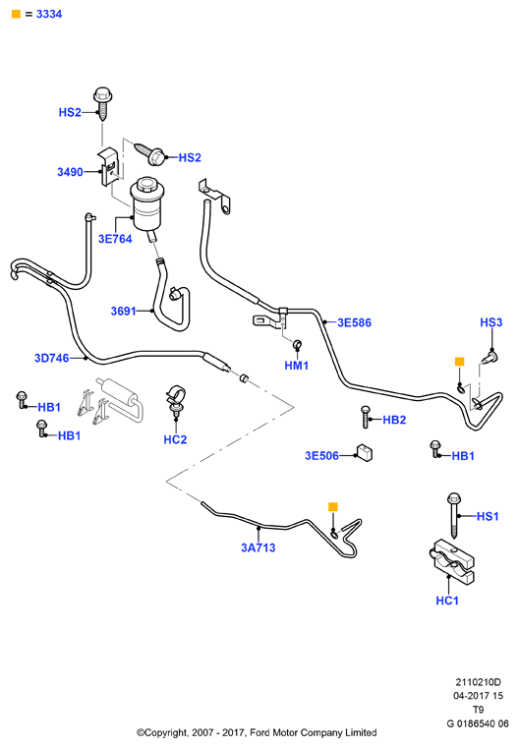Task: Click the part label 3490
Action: [x=70, y=172]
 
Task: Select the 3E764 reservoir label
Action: [x=115, y=239]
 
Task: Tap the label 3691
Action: [x=124, y=311]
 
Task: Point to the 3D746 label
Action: [x=51, y=358]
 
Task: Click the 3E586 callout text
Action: [x=355, y=322]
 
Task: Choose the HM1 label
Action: [x=297, y=366]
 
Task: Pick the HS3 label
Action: [x=491, y=322]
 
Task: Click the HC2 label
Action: [x=175, y=439]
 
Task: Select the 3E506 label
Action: [x=322, y=455]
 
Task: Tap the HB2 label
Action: [x=394, y=420]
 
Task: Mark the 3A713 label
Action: [x=259, y=547]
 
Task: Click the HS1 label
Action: [x=488, y=516]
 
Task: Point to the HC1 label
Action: [x=447, y=601]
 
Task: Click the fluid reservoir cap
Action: [x=145, y=186]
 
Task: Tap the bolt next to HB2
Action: [x=366, y=417]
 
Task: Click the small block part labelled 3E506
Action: [x=365, y=453]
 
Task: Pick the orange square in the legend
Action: [x=16, y=15]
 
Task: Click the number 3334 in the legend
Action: [x=49, y=15]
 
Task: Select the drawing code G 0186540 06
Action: [x=478, y=723]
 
